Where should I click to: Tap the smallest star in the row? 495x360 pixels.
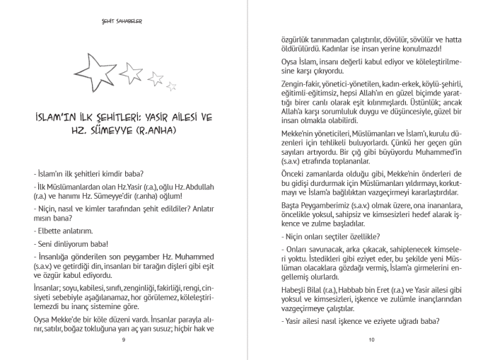(x=172, y=86)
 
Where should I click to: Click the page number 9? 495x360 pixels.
(x=124, y=340)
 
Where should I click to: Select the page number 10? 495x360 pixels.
(x=371, y=340)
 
